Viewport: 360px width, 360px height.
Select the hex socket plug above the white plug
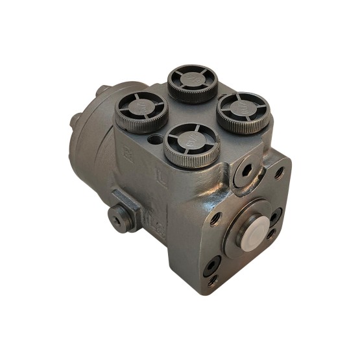click(x=245, y=170)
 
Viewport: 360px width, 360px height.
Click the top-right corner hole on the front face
click(x=279, y=173)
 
